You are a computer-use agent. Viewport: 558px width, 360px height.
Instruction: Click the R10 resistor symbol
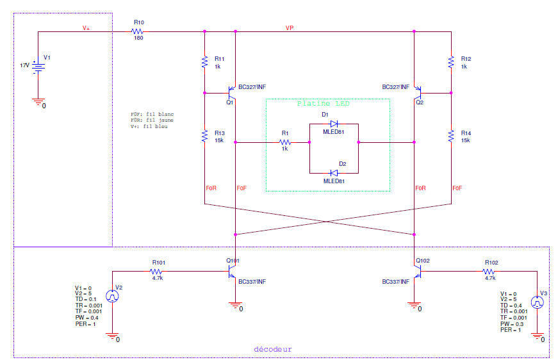(x=137, y=31)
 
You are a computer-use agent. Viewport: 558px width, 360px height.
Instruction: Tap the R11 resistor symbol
(x=204, y=62)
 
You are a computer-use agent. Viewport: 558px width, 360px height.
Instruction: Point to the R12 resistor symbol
(x=451, y=62)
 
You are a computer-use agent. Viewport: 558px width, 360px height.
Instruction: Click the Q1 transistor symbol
(x=231, y=93)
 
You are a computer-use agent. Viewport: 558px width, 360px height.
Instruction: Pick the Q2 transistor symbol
(x=418, y=93)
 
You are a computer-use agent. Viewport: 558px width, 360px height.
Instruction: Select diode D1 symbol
(x=334, y=124)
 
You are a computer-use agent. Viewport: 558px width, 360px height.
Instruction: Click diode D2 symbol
(x=334, y=173)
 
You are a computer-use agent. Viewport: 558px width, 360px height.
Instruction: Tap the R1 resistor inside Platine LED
(x=284, y=142)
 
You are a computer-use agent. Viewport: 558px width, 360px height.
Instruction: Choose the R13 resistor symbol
(x=204, y=136)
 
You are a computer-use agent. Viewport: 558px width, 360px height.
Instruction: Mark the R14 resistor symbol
(x=451, y=136)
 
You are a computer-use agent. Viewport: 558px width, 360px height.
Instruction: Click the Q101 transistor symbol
(x=231, y=272)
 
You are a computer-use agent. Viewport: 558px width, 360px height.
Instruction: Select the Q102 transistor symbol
(x=418, y=272)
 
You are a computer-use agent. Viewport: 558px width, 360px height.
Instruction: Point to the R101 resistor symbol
(x=156, y=272)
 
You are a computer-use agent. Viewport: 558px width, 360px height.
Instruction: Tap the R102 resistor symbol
(x=489, y=272)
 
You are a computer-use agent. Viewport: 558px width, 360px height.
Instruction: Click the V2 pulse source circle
(x=113, y=296)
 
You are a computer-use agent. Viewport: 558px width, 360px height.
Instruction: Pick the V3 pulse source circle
(x=537, y=302)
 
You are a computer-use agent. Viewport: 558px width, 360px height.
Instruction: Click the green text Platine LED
(x=324, y=104)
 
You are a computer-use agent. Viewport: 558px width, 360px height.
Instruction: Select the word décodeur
(x=273, y=349)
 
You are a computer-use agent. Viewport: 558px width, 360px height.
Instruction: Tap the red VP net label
(x=290, y=28)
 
